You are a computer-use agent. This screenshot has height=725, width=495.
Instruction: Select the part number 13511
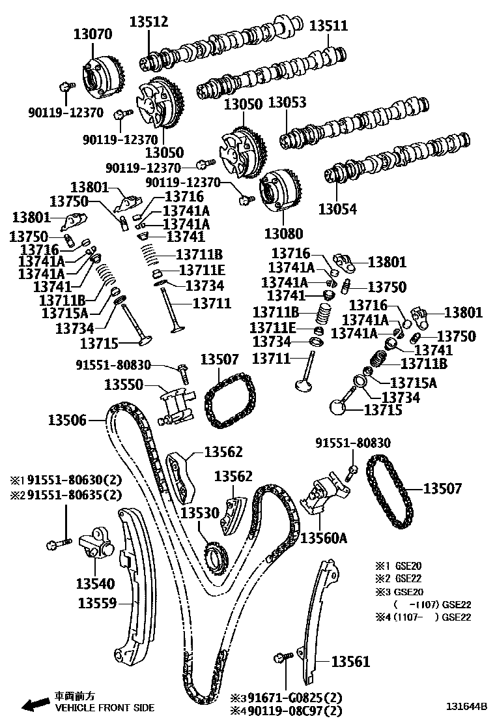328,26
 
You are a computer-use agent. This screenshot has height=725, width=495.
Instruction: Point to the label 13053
287,102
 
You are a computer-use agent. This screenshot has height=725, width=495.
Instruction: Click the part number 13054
337,209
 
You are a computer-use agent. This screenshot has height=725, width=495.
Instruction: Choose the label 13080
284,233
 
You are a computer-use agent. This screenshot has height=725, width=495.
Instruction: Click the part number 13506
67,421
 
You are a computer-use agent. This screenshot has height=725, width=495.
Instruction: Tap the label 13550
124,385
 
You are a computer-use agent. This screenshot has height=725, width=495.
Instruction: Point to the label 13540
95,584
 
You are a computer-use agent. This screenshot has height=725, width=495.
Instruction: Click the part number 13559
98,604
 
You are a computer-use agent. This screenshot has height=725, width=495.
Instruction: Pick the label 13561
350,662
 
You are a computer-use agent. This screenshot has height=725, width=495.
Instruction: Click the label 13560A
324,538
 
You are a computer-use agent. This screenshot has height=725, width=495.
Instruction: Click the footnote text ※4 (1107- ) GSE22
422,617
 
